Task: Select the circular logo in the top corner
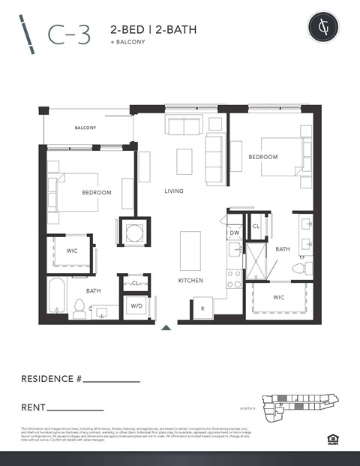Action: [x=322, y=29]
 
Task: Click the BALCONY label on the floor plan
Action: [x=85, y=128]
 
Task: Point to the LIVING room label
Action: [x=174, y=191]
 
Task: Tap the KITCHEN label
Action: [x=190, y=280]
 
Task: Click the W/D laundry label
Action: [x=136, y=306]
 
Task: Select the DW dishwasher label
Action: [x=235, y=234]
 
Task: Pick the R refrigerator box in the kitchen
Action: [x=203, y=308]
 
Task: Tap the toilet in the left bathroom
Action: [x=79, y=308]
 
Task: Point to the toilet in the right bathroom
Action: [x=298, y=268]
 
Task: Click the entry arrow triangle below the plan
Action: [x=166, y=327]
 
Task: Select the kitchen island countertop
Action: [x=190, y=250]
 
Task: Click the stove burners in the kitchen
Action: [x=234, y=279]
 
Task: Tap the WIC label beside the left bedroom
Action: [x=72, y=251]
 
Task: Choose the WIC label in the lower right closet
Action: [x=278, y=297]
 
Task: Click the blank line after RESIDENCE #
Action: [x=112, y=382]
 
